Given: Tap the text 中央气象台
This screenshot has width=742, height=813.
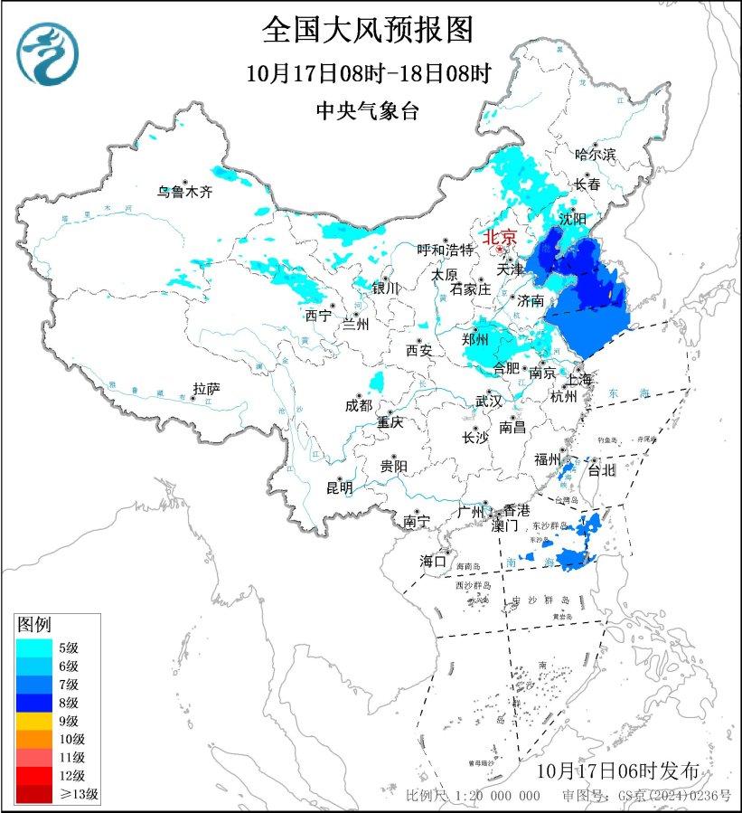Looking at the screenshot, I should (368, 111).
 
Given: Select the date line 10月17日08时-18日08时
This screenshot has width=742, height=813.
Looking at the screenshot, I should (368, 73).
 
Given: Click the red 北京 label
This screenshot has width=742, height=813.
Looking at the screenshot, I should (500, 237).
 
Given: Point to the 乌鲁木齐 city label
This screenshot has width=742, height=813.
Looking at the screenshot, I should (184, 191).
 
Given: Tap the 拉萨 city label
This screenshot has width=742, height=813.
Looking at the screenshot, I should (206, 389).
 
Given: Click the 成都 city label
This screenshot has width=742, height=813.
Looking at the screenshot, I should (358, 405).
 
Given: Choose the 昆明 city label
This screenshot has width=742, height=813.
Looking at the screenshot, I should (339, 488).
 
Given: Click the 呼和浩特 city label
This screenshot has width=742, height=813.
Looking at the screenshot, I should (445, 250).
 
